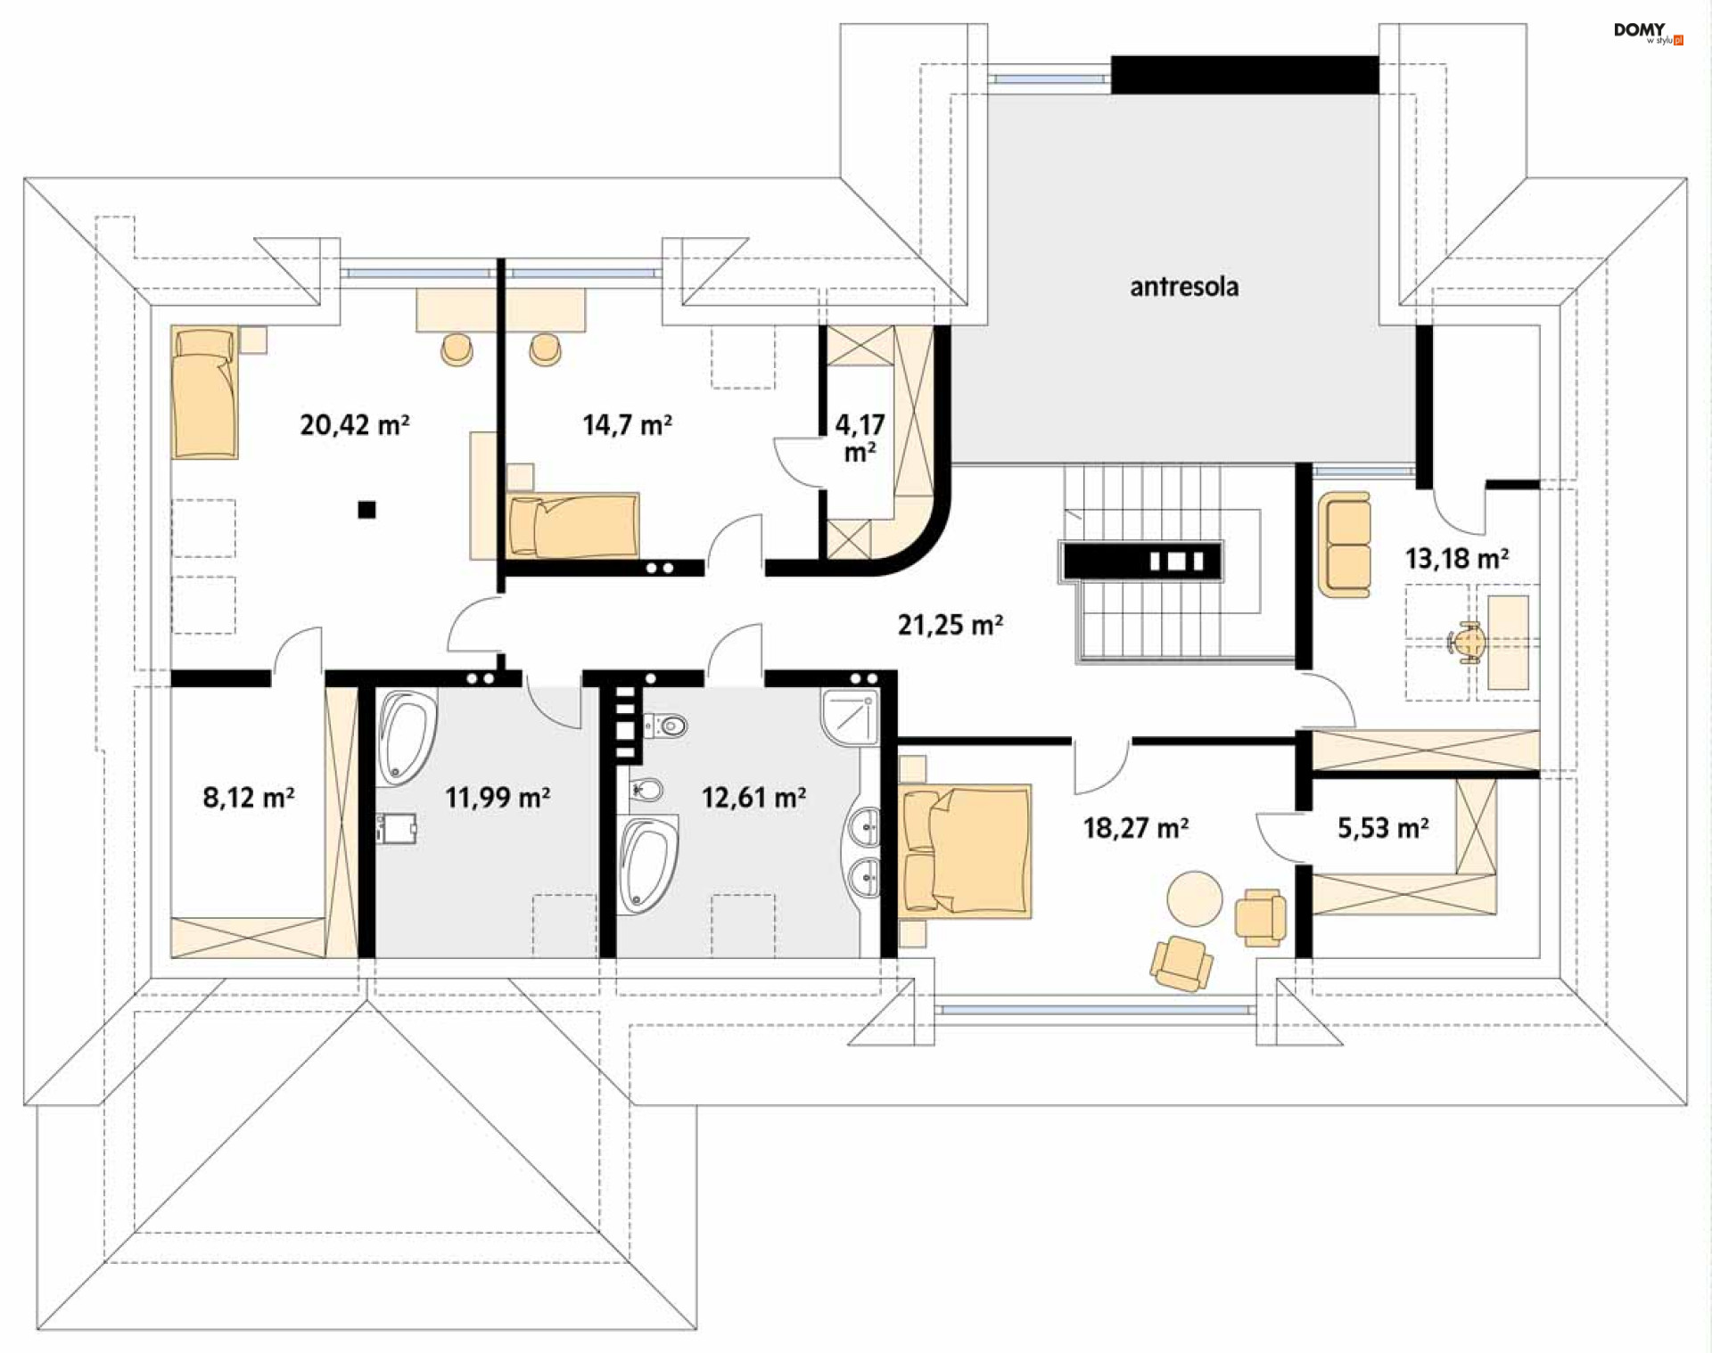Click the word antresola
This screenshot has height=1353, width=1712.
[x=1184, y=286]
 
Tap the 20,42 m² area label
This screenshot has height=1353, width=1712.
[x=355, y=424]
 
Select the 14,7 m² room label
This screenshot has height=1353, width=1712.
[x=627, y=424]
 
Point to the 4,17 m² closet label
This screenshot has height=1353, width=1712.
[x=860, y=438]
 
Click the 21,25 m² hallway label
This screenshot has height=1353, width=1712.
[x=951, y=625]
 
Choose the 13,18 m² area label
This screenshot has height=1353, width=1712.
[x=1457, y=558]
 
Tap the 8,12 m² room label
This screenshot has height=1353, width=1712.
[x=249, y=797]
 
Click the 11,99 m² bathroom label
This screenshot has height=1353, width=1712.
[x=498, y=797]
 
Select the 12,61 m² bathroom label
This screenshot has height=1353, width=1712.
[x=753, y=797]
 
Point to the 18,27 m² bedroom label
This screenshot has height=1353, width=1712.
[x=1136, y=828]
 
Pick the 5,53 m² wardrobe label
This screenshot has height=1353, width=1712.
[x=1383, y=828]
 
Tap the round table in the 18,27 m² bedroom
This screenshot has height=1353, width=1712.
[x=1195, y=898]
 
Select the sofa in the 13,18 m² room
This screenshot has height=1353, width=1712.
[x=1345, y=544]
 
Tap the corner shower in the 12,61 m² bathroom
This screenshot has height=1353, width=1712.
[x=851, y=716]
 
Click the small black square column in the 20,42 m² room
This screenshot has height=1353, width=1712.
[x=366, y=510]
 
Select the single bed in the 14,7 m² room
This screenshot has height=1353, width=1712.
[x=573, y=526]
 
